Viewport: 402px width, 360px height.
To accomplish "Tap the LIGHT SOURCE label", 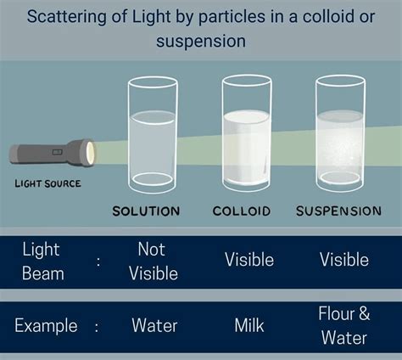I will [x=47, y=183].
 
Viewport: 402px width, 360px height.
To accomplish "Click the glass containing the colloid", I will [x=246, y=136].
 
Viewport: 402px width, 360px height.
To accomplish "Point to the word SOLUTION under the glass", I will [x=146, y=211].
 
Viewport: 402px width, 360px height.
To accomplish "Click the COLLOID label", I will [x=242, y=211].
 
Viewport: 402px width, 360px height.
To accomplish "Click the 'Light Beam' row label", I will [x=41, y=261].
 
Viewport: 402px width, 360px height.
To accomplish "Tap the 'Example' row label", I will [x=47, y=325].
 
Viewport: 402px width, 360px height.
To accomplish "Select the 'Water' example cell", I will [x=154, y=325].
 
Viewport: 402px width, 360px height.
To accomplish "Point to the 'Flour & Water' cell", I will [x=344, y=325].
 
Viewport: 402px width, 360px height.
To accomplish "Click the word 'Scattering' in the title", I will [x=66, y=17].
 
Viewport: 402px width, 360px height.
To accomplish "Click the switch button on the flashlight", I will [x=57, y=152].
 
